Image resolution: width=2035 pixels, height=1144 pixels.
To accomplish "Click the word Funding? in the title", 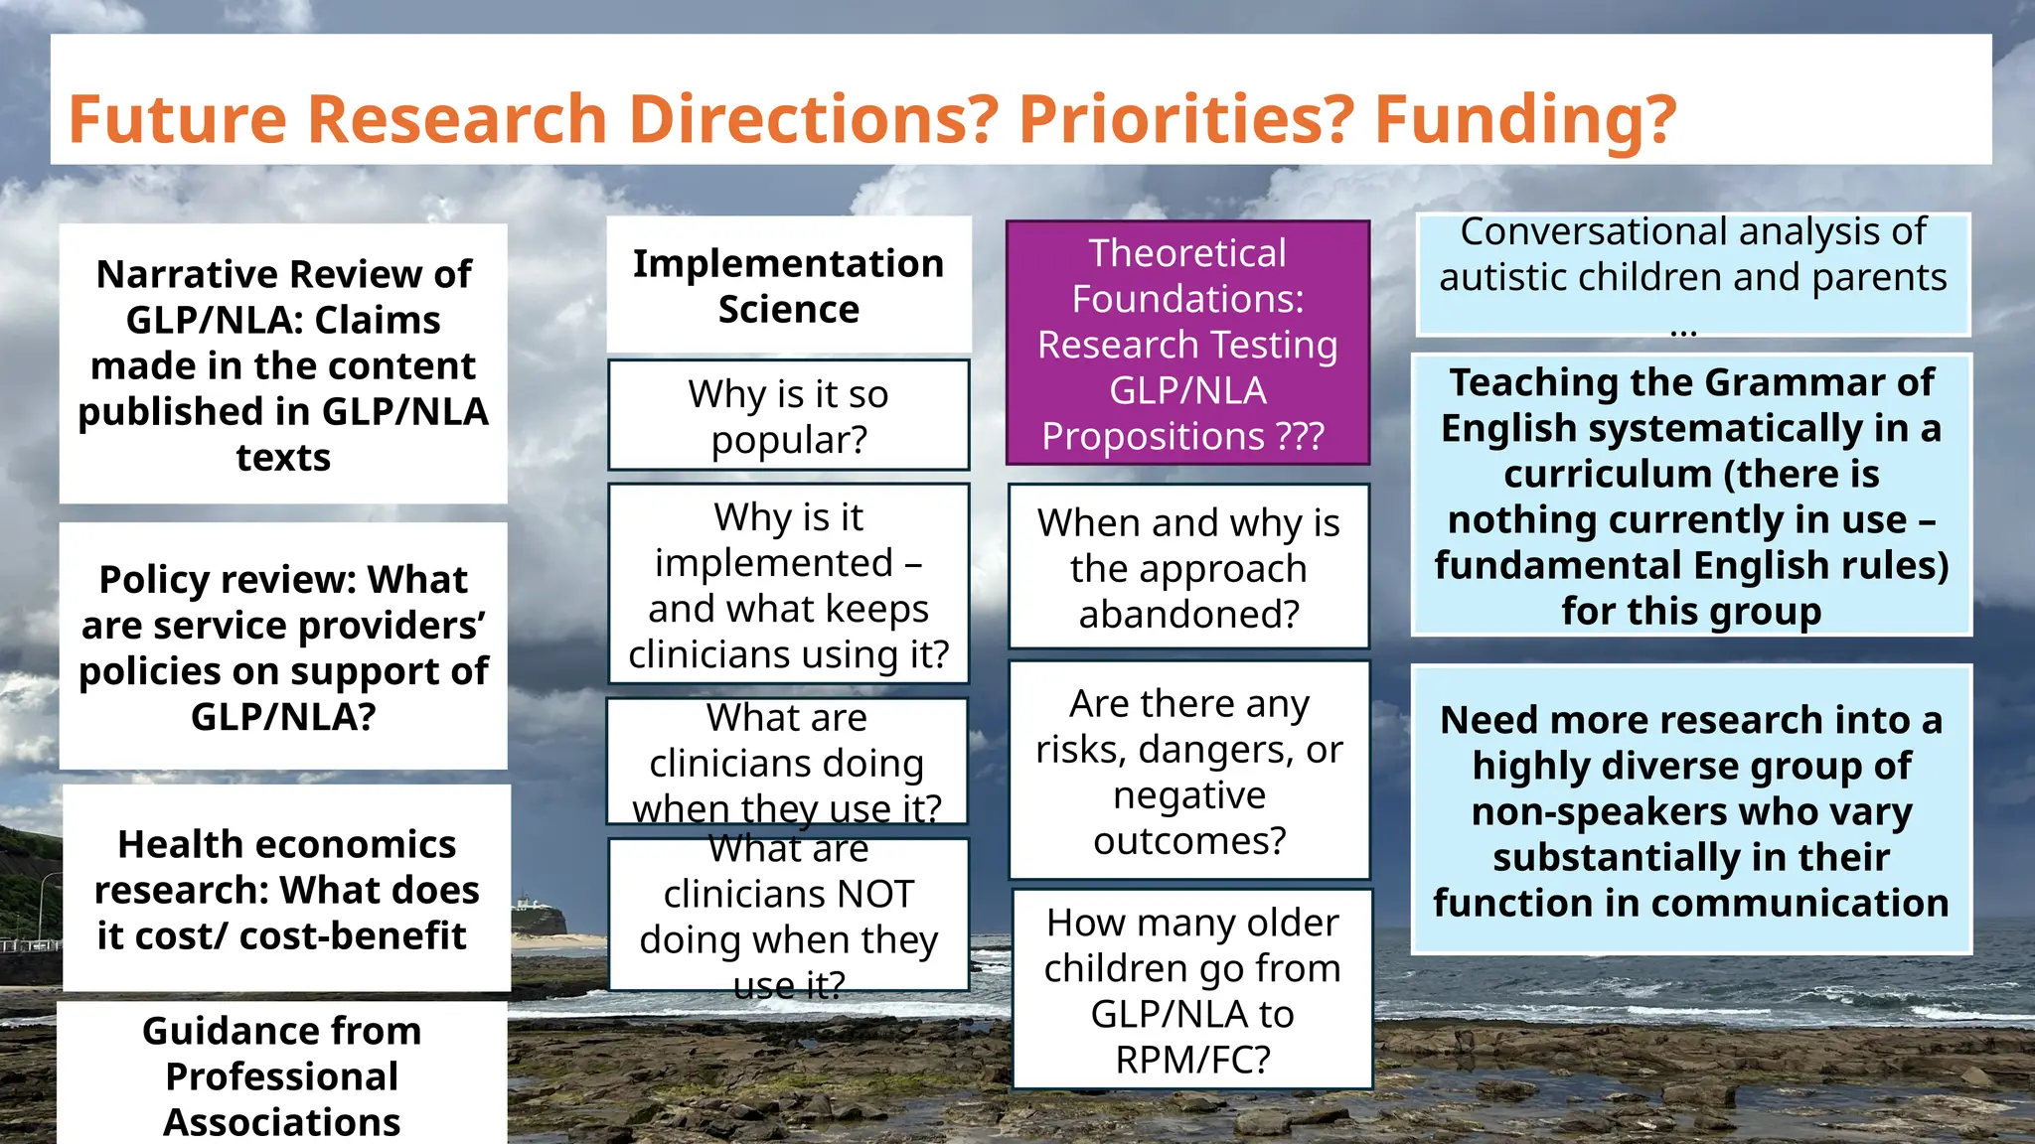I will coord(1525,119).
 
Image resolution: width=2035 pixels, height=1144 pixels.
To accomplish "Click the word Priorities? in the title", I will coord(1186,119).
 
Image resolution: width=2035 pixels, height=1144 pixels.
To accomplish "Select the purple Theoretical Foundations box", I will coord(1187,344).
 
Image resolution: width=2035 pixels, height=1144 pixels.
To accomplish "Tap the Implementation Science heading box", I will coord(789,286).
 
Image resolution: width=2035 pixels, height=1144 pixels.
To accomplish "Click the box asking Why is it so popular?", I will coord(789,416).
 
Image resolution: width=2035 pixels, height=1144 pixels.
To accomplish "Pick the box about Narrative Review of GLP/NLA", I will coord(283,364).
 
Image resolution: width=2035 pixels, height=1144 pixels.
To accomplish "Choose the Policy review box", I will coord(283,646).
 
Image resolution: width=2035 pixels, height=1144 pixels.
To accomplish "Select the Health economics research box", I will coord(287,889).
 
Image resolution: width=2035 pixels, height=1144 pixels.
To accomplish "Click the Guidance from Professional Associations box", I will coord(282,1074).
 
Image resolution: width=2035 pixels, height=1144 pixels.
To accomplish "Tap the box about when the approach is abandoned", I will coord(1189,568).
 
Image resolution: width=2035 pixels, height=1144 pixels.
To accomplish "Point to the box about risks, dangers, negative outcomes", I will coord(1189,772).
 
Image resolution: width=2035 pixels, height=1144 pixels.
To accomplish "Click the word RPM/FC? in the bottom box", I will coord(1192,1060).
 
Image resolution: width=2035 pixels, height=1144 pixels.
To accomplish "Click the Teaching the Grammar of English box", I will coord(1691,496).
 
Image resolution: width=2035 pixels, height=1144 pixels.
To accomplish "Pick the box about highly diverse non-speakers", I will coord(1691,810).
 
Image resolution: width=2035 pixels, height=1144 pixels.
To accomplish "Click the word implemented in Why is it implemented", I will coord(774,563).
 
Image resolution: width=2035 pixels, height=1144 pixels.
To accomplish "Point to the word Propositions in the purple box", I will coord(1153,436).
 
